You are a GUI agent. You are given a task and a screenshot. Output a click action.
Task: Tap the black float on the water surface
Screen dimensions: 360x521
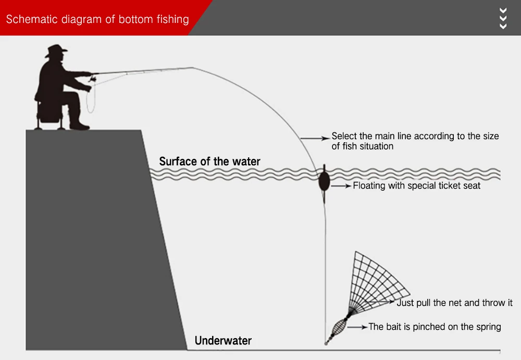(x=324, y=180)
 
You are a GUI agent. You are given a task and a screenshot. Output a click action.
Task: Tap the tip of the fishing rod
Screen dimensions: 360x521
(x=193, y=68)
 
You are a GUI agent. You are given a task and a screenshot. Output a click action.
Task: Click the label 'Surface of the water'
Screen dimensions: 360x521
(x=209, y=162)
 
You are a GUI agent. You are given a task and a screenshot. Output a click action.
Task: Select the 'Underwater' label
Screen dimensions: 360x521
(x=223, y=341)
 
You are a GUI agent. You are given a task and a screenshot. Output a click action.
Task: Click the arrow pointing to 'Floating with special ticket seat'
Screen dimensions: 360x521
(x=342, y=185)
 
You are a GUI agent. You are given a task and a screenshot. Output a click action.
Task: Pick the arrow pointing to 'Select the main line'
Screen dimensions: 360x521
(x=315, y=138)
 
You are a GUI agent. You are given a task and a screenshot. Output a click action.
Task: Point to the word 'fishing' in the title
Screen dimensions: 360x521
(x=172, y=20)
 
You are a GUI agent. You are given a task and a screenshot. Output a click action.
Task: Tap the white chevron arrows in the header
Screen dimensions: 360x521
(x=503, y=18)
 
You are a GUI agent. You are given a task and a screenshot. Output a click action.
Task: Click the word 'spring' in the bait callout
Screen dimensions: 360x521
(x=488, y=327)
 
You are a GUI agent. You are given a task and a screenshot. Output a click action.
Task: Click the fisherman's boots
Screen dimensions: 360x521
(x=78, y=125)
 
